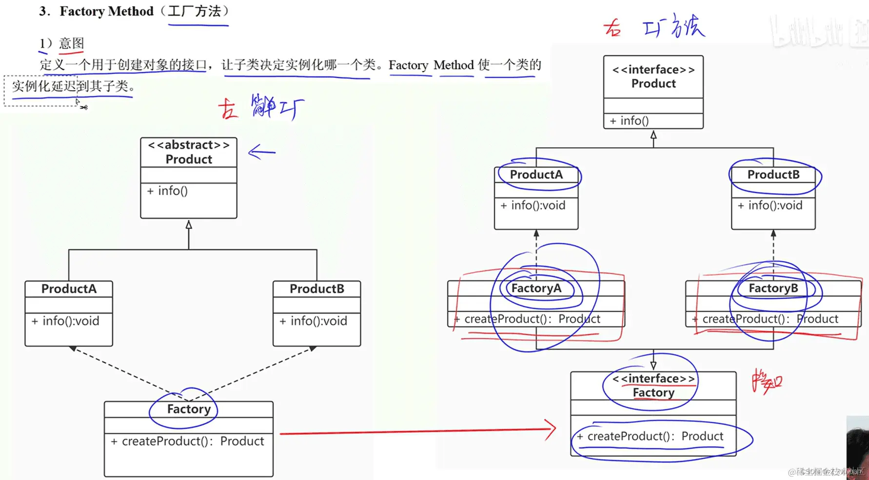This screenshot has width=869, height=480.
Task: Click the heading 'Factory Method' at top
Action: tap(106, 11)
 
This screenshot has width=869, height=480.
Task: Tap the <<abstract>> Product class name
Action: tap(189, 153)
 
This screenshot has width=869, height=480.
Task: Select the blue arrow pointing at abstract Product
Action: tap(262, 153)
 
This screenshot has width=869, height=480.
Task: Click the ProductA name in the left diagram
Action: tap(69, 289)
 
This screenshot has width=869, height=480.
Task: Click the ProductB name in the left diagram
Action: tap(317, 289)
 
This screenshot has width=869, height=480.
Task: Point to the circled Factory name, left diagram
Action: tap(189, 409)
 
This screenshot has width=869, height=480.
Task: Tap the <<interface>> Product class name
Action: tap(653, 77)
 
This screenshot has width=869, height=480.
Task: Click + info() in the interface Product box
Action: tap(629, 121)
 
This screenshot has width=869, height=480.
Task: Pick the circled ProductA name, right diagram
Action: tap(536, 174)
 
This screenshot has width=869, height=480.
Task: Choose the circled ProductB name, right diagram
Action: tap(773, 174)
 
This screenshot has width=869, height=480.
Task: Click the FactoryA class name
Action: tap(536, 288)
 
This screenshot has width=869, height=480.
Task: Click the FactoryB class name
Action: tap(773, 288)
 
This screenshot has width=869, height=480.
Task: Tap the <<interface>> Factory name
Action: tap(653, 386)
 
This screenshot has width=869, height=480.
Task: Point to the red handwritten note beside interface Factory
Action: tap(767, 381)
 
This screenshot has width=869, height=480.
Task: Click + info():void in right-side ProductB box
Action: tap(770, 206)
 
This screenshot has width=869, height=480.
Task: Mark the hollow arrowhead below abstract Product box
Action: tap(189, 225)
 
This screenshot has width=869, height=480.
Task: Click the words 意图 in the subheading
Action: tap(71, 43)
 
